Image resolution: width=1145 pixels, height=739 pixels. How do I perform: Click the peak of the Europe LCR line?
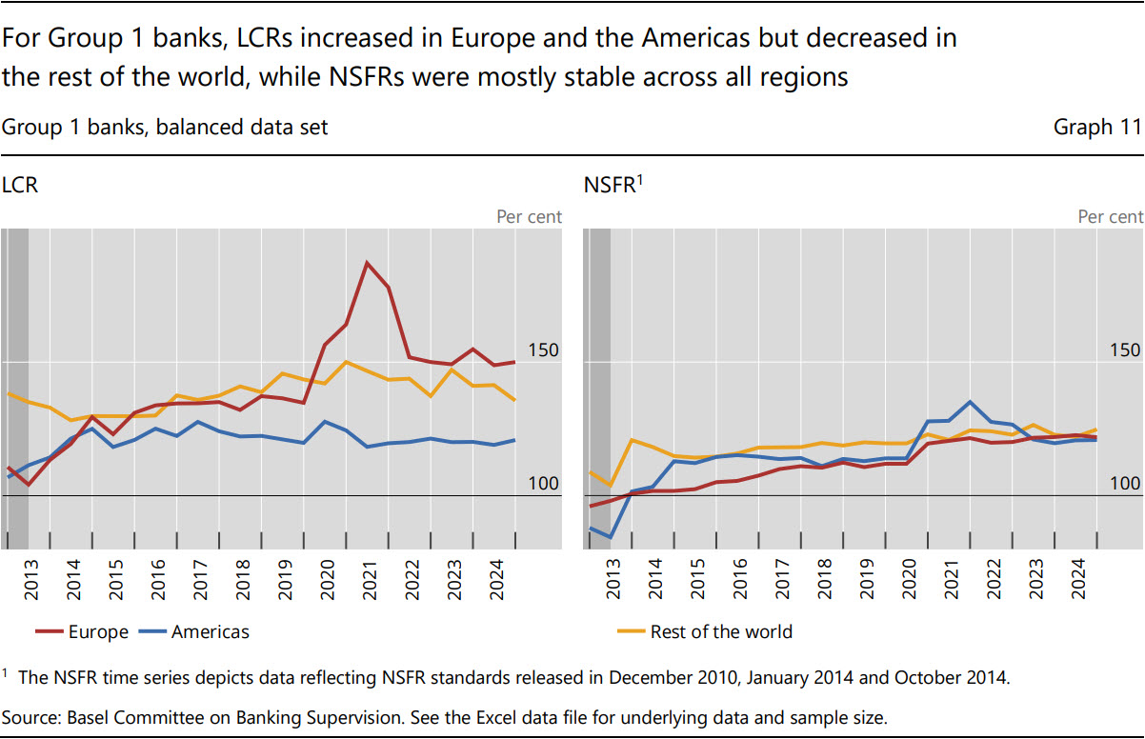tap(367, 263)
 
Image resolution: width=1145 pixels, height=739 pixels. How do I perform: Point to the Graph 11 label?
tap(1096, 127)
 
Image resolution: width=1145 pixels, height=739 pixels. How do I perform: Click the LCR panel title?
tap(20, 186)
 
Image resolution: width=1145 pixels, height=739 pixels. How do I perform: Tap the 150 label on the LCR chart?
tap(543, 350)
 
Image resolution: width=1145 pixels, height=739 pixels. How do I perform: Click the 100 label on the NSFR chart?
tap(1124, 484)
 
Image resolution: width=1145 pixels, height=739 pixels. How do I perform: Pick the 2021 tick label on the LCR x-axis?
tap(370, 580)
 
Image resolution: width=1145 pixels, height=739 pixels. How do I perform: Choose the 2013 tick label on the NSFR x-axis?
tap(613, 580)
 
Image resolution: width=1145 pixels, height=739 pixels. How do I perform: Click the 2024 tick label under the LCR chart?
tap(496, 580)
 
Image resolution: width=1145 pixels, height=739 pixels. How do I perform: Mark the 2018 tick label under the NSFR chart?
tap(824, 580)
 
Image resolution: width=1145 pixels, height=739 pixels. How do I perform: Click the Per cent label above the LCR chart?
tap(529, 217)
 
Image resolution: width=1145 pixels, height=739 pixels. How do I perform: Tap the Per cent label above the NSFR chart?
tap(1110, 217)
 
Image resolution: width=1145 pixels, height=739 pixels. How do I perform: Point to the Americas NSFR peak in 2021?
tap(970, 401)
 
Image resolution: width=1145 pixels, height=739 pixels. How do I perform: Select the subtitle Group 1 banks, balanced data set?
tap(165, 127)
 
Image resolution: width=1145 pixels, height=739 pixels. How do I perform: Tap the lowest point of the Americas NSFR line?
tap(610, 538)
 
